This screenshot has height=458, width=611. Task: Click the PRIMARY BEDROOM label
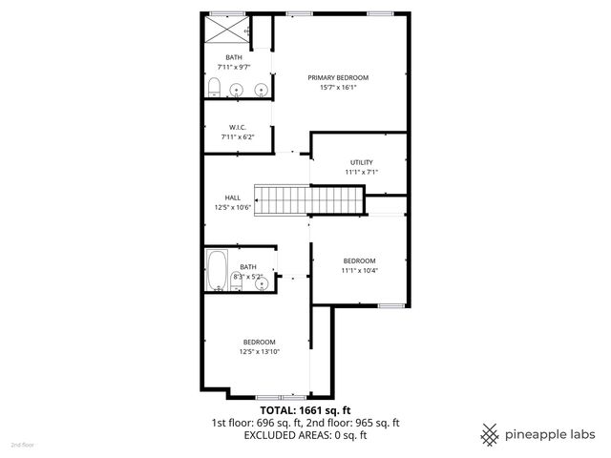coord(337,77)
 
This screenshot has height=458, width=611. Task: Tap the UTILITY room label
coord(361,162)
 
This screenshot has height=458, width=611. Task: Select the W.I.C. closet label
coord(238,128)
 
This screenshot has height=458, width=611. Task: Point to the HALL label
coord(232,198)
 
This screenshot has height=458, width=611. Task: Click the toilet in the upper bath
coord(214,89)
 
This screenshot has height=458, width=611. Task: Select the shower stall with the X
coord(227,30)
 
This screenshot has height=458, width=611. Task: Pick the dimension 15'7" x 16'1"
coord(337,87)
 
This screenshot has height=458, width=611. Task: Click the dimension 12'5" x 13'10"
coord(259,352)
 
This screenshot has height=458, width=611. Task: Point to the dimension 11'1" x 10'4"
coord(360,270)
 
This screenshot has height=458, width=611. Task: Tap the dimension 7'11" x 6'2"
coord(238,138)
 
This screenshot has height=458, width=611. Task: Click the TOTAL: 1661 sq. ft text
coord(305,409)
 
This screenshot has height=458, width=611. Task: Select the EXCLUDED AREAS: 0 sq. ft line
coord(305,435)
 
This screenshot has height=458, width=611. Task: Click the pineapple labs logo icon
coord(490,434)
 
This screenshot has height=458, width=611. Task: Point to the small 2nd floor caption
coord(22,445)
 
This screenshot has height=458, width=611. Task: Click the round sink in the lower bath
coord(261,284)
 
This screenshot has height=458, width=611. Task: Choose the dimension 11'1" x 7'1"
coord(361,173)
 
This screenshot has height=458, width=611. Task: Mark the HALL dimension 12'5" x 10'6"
coord(232,207)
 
